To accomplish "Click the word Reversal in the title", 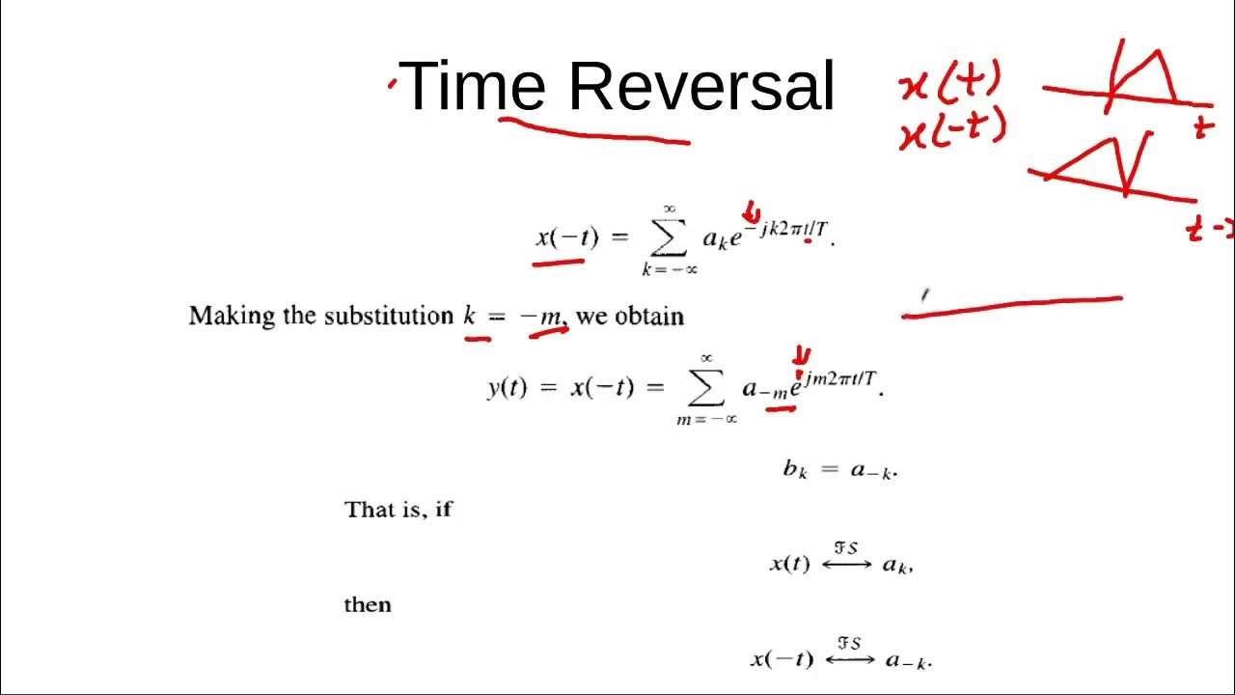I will (x=700, y=86).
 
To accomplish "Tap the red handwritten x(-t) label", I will (x=952, y=130).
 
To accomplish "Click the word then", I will (x=368, y=605).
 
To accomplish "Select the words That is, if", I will (x=398, y=509).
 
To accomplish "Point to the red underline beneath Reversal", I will (x=593, y=131).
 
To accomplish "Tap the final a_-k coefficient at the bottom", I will (x=908, y=660).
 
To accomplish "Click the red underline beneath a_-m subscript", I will (x=781, y=408).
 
